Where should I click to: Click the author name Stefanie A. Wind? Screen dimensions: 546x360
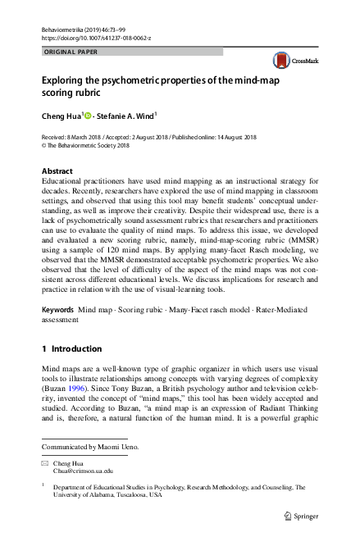126,116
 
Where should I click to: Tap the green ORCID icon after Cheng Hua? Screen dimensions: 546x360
90,116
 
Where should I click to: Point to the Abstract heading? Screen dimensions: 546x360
58,171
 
